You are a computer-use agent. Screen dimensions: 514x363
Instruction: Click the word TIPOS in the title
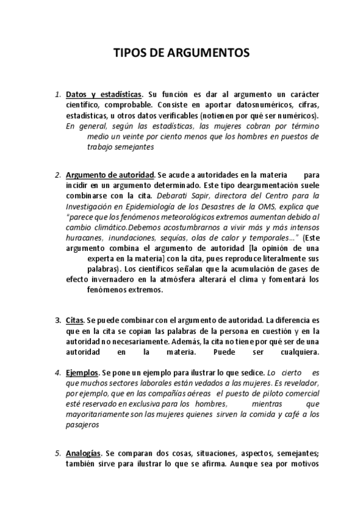click(130, 53)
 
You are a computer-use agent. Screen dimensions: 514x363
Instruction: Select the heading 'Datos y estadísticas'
click(104, 95)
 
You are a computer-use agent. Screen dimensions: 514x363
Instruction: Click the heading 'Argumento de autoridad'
click(110, 175)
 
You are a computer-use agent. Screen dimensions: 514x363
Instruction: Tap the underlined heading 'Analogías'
click(84, 453)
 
